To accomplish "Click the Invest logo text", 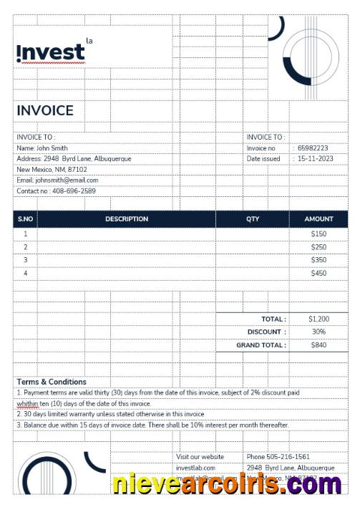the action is [50, 52].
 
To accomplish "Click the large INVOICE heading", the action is [45, 110].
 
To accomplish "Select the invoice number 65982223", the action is [313, 148].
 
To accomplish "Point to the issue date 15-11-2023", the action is [316, 159].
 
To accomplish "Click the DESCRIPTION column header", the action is [127, 219].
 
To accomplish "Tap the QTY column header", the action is [253, 219].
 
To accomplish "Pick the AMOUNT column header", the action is [318, 219].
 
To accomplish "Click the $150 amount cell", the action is [318, 233].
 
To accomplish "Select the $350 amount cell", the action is [318, 260].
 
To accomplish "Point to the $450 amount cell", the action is [318, 273].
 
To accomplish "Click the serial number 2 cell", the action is [26, 247].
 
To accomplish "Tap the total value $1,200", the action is [318, 319].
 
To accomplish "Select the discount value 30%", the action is [318, 332].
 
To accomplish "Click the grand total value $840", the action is [318, 345].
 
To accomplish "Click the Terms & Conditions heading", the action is [52, 382].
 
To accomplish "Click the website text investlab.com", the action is [195, 468].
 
